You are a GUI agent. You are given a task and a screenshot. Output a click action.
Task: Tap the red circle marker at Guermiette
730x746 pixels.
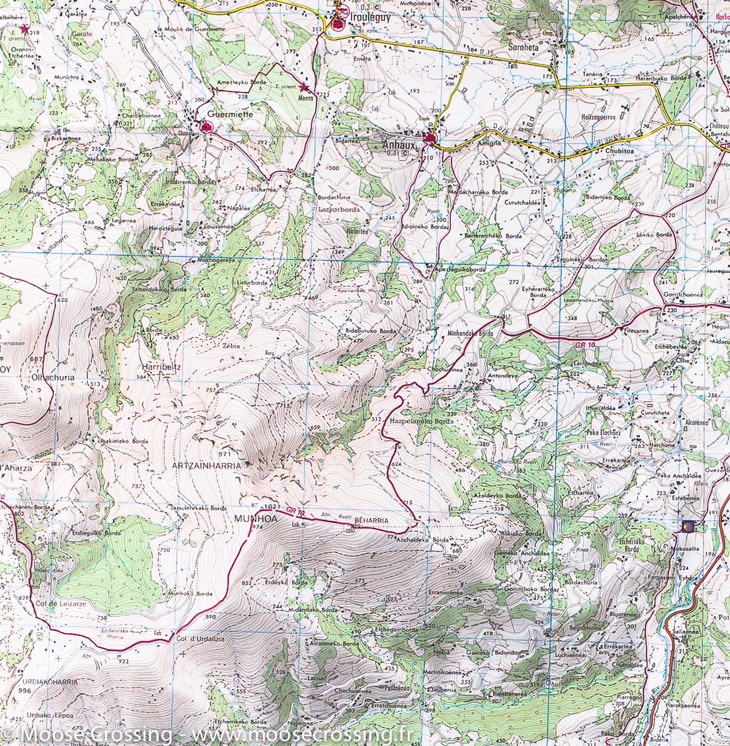pyautogui.click(x=208, y=127)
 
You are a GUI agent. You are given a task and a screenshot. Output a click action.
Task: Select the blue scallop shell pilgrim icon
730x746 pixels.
pyautogui.click(x=688, y=527)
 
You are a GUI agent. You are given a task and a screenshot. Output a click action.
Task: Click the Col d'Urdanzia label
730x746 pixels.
pyautogui.click(x=200, y=638)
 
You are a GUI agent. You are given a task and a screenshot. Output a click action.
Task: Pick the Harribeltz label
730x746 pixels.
pyautogui.click(x=160, y=367)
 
